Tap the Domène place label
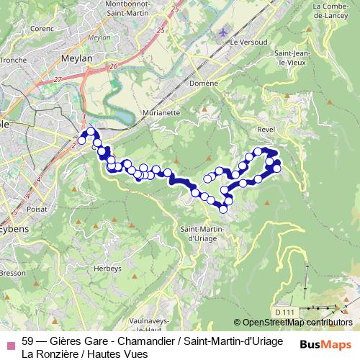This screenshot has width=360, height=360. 204,83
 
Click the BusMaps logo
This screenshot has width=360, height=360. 325,345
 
